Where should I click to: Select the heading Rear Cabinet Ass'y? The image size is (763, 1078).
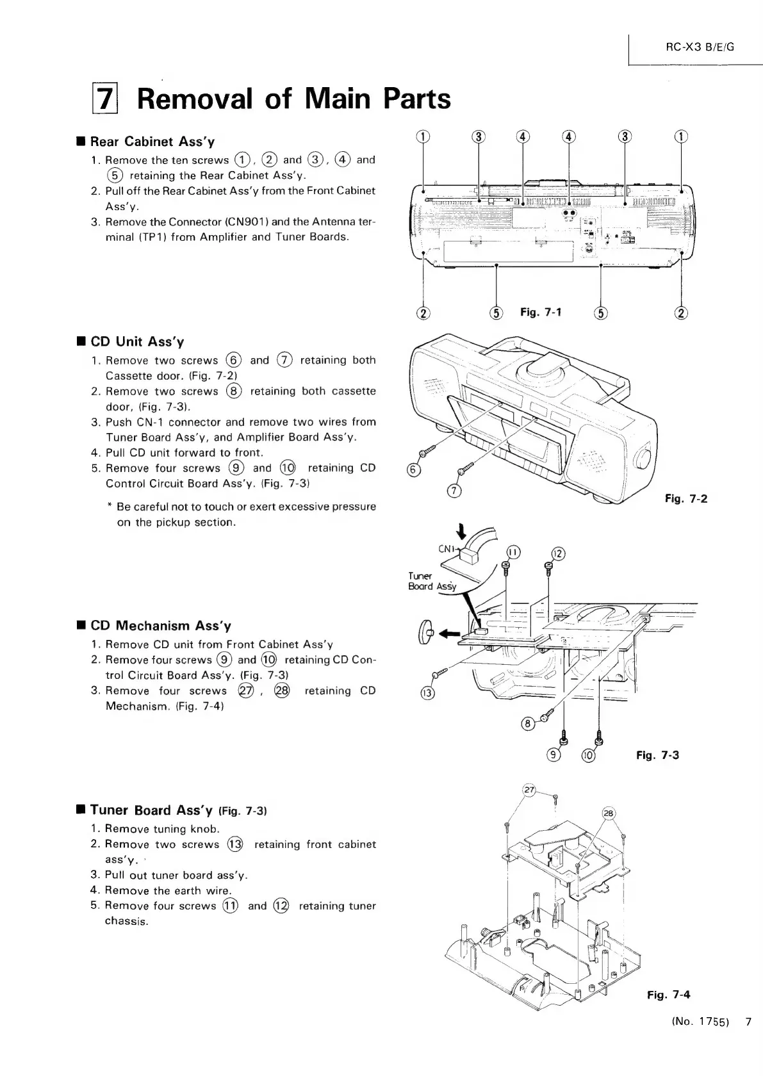[152, 141]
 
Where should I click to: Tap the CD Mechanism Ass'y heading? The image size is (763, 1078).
[161, 626]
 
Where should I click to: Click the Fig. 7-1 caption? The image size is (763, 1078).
[541, 312]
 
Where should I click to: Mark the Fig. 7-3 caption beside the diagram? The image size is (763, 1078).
[657, 755]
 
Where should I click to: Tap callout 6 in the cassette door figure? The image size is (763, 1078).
[414, 471]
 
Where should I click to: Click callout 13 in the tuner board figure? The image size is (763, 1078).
[427, 694]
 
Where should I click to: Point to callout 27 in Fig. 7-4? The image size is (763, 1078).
[530, 790]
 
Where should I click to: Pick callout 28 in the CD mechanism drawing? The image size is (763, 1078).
[609, 813]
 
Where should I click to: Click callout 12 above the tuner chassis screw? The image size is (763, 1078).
[557, 553]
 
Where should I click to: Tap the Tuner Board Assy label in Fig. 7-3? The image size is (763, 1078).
[432, 581]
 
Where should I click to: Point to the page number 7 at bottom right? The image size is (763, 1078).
[748, 1040]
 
